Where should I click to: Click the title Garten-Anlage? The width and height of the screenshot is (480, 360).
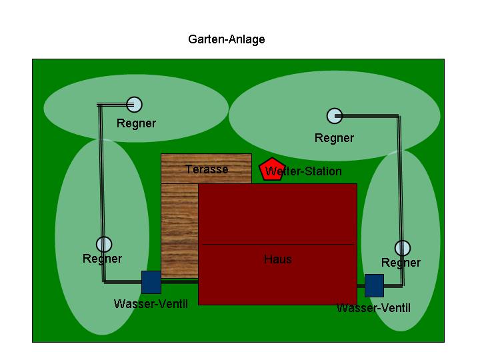tap(227, 39)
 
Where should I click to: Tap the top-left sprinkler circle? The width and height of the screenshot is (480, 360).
tap(135, 105)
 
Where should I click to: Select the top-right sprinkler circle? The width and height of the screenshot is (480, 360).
tap(334, 116)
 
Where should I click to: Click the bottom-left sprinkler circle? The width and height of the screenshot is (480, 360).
tap(104, 245)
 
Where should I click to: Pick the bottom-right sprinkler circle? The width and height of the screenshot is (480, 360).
tap(402, 249)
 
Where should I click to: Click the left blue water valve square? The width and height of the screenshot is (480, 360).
tap(151, 282)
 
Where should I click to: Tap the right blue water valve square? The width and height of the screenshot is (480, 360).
tap(374, 285)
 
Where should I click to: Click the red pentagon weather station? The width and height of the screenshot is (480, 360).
tap(271, 169)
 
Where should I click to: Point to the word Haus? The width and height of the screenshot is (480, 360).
tap(278, 259)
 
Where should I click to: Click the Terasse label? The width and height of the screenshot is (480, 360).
tap(207, 169)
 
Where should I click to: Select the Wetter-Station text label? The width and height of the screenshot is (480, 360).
tap(304, 172)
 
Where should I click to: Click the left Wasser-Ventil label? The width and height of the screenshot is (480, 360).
tap(151, 304)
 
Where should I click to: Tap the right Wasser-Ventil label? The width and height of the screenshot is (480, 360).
tap(373, 308)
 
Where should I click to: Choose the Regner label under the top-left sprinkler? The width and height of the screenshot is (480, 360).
tap(136, 123)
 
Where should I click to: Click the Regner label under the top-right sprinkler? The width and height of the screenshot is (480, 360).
tap(334, 138)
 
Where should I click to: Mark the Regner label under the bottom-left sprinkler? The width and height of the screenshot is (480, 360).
tap(102, 259)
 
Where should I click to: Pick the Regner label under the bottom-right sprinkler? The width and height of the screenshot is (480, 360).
tap(401, 263)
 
